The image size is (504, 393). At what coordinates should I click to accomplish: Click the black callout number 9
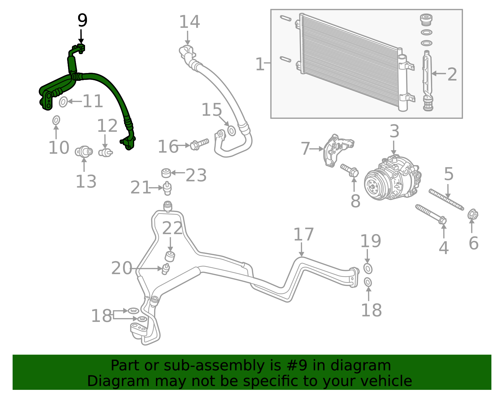(x=83, y=20)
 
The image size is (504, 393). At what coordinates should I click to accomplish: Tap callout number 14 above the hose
(x=190, y=22)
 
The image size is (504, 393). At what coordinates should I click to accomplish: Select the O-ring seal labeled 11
(x=63, y=102)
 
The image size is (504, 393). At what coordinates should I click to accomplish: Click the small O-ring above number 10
(x=56, y=121)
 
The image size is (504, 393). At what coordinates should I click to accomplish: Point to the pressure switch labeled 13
(x=84, y=152)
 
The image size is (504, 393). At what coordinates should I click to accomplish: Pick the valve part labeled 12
(x=105, y=152)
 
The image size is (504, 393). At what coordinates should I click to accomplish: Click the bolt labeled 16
(x=199, y=144)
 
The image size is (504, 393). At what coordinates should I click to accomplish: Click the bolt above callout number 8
(x=349, y=170)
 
